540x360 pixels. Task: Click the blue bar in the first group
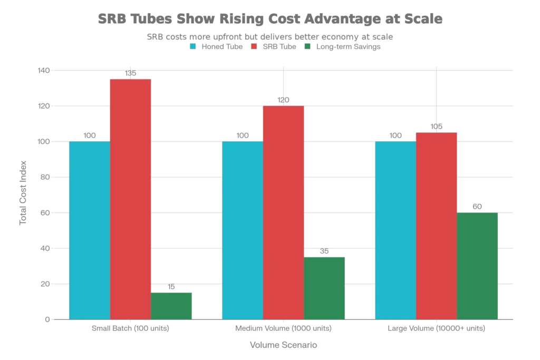point(89,230)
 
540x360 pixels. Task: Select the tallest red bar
point(131,198)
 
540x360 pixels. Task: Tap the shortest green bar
point(172,305)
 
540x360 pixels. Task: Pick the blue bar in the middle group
point(242,230)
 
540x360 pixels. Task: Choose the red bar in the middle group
point(283,212)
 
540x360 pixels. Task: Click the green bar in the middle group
point(324,286)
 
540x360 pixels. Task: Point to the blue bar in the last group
point(394,230)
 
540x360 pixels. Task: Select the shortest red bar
point(437,225)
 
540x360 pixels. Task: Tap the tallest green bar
point(477,266)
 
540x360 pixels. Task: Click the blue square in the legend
point(194,46)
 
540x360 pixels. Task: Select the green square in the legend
point(307,46)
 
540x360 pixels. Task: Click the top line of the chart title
point(269,20)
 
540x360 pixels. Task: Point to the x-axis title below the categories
point(284,345)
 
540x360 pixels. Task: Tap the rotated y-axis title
point(24,195)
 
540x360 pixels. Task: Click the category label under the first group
point(130,329)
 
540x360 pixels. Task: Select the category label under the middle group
point(283,329)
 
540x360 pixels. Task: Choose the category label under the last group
point(436,329)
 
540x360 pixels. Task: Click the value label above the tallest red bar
point(131,70)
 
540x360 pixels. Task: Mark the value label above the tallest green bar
point(478,206)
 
